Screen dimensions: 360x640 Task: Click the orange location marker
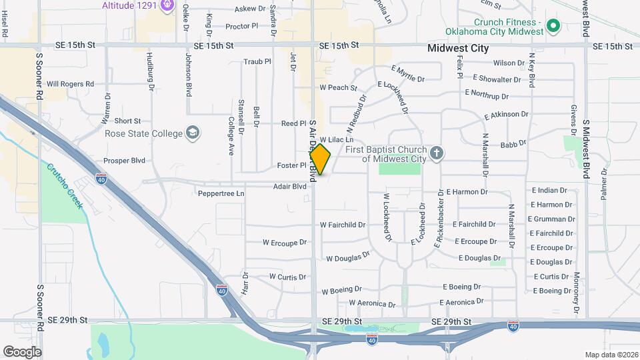point(320,159)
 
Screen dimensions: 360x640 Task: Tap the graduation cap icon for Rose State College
point(193,133)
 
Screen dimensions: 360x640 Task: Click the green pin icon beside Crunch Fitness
point(553,27)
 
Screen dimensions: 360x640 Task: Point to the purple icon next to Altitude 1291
point(167,7)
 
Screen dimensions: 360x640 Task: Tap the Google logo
point(22,351)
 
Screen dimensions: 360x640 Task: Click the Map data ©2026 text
point(611,355)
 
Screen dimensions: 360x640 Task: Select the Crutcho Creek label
point(64,187)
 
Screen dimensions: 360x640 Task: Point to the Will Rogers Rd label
point(70,84)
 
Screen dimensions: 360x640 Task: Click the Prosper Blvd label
point(124,161)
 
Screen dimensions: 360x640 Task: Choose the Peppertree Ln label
point(221,193)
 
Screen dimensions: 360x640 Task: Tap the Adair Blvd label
point(289,187)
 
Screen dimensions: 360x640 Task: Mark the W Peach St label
point(338,87)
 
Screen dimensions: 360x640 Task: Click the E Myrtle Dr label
point(407,74)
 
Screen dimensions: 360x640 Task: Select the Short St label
point(127,121)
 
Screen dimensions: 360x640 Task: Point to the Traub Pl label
point(257,61)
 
